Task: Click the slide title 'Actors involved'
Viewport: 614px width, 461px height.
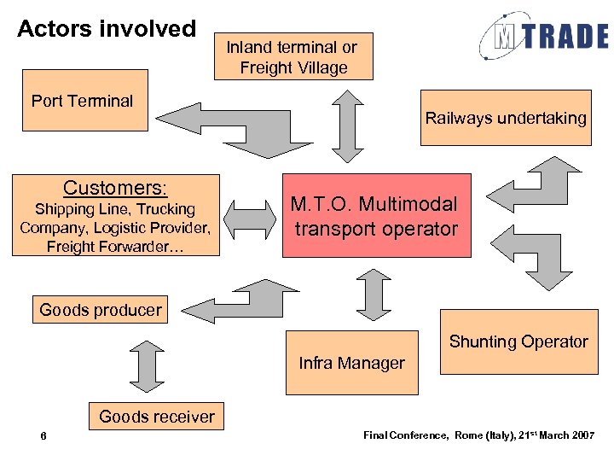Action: click(x=107, y=29)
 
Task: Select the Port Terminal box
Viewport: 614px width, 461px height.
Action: click(x=84, y=101)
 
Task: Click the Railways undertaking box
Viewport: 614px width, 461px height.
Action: click(x=506, y=118)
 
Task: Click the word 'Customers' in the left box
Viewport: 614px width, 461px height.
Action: click(x=113, y=188)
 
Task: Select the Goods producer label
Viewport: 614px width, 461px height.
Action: click(x=101, y=310)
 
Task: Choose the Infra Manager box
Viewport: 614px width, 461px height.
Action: click(x=351, y=363)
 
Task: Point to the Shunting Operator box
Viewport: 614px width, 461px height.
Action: click(x=518, y=341)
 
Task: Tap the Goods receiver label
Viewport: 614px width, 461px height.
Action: click(x=157, y=417)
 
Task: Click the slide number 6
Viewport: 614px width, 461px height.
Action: click(x=43, y=437)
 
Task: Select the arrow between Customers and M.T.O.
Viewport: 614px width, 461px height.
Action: click(x=251, y=217)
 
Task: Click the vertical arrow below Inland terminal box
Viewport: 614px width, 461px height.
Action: click(x=348, y=125)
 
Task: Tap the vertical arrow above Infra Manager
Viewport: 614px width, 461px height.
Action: click(x=373, y=294)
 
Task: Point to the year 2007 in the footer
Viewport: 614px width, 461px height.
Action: click(x=579, y=435)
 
